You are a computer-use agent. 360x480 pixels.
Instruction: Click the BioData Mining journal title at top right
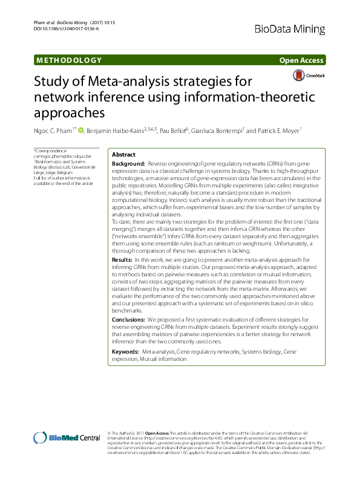click(290, 27)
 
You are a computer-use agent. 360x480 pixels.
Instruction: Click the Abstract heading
click(124, 155)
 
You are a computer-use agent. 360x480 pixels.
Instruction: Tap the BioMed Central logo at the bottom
click(67, 438)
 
